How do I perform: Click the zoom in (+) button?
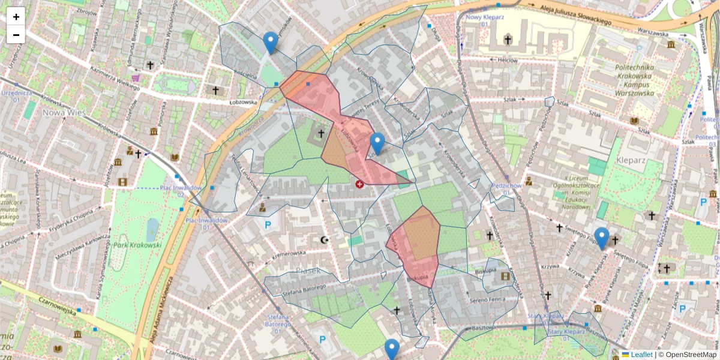(16, 17)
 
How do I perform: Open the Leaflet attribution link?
(641, 355)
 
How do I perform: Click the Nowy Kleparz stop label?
(485, 17)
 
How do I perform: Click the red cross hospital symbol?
(359, 185)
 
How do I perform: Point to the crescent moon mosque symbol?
(326, 240)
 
